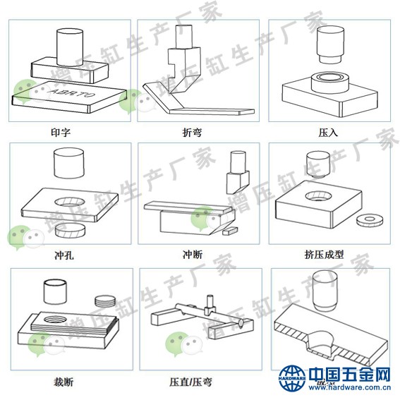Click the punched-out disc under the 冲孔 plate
point(71,229)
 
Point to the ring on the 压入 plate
point(329,80)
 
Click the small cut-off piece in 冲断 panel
point(229,230)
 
